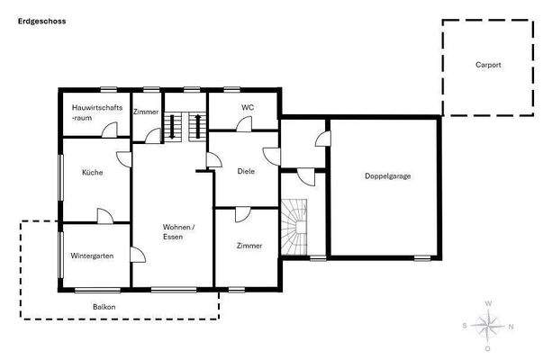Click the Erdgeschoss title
pyautogui.click(x=41, y=20)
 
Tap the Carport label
pyautogui.click(x=488, y=66)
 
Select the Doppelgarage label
pyautogui.click(x=387, y=175)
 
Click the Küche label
pyautogui.click(x=92, y=172)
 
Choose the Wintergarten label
pyautogui.click(x=92, y=256)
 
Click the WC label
pyautogui.click(x=248, y=108)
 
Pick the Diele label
pyautogui.click(x=247, y=171)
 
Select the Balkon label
pyautogui.click(x=104, y=307)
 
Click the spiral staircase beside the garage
pyautogui.click(x=294, y=225)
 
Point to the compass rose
pyautogui.click(x=487, y=325)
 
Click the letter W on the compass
pyautogui.click(x=487, y=304)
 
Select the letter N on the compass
pyautogui.click(x=511, y=326)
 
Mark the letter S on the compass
pyautogui.click(x=465, y=326)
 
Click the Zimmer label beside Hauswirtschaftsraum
pyautogui.click(x=146, y=112)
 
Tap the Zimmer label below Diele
pyautogui.click(x=249, y=246)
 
